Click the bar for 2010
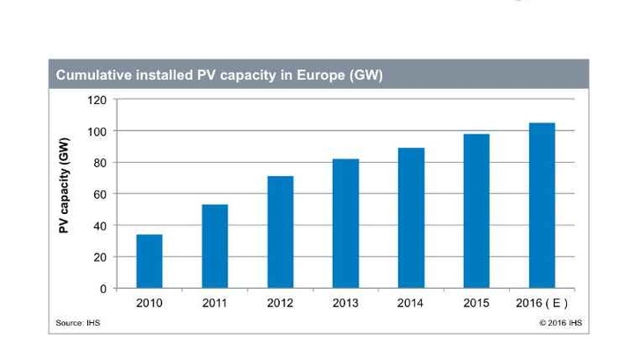point(149,261)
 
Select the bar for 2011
point(215,246)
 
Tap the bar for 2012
point(280,232)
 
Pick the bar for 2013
point(346,224)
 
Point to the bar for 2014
point(411,218)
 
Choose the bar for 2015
point(476,211)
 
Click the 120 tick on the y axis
point(97,100)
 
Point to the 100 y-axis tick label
point(97,131)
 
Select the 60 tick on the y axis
point(99,194)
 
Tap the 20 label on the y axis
point(99,257)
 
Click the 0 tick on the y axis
point(102,288)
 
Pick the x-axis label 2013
point(346,304)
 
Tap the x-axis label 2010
point(149,304)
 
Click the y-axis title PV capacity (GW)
point(64,194)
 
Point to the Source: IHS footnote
point(77,323)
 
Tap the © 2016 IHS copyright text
point(560,323)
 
